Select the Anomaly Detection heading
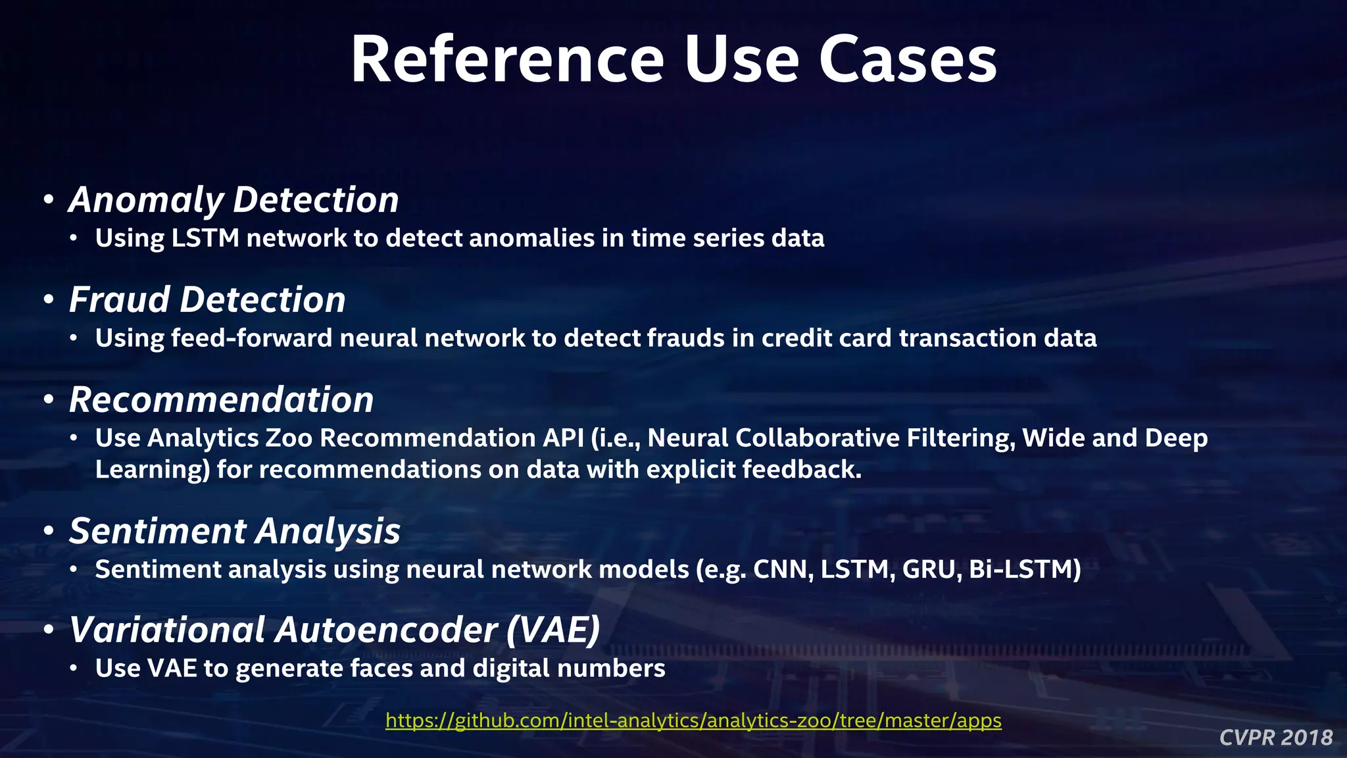point(233,200)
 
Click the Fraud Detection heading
point(207,300)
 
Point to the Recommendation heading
point(221,400)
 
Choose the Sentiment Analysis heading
point(235,531)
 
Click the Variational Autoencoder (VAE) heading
point(335,630)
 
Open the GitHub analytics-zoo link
point(693,720)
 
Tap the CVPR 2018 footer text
point(1275,738)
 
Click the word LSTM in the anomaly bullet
point(205,238)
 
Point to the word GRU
point(929,569)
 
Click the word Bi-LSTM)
point(1025,569)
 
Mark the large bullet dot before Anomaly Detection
point(48,200)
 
